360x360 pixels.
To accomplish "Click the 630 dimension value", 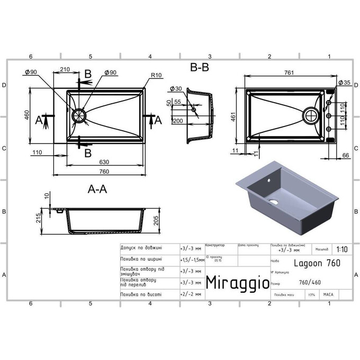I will tap(104, 161).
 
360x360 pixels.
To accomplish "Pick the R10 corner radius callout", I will tap(156, 76).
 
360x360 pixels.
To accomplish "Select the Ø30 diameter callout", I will tap(176, 89).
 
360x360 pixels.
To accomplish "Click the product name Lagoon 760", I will tap(317, 263).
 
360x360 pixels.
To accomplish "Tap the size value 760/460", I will tap(310, 282).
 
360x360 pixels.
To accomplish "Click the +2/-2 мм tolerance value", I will tap(191, 294).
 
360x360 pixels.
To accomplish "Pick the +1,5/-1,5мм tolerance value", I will tap(192, 260).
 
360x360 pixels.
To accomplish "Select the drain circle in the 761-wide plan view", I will tap(311, 114).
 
